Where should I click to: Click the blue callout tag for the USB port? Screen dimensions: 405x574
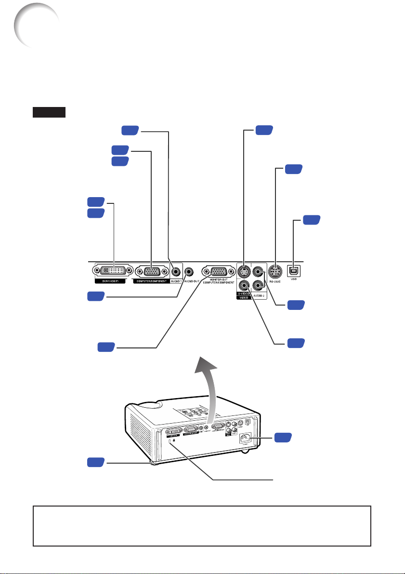click(x=312, y=221)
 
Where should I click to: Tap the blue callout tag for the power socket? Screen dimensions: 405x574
click(x=283, y=437)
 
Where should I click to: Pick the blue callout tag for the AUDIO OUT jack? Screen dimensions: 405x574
click(x=96, y=297)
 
